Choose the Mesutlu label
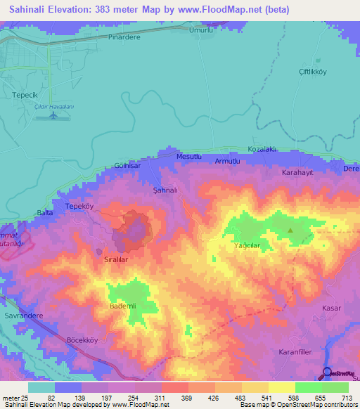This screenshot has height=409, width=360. (190, 156)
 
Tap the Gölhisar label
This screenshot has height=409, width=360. (128, 167)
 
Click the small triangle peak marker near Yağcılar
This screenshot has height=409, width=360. (290, 230)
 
